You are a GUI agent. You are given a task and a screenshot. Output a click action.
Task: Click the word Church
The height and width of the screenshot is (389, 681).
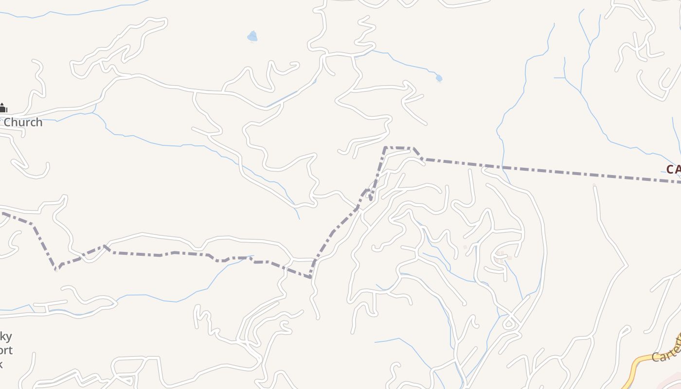point(23,122)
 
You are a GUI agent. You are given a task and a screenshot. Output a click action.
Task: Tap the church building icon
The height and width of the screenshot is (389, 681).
point(3,107)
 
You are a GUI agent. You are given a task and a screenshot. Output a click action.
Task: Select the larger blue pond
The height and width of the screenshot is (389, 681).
point(252,36)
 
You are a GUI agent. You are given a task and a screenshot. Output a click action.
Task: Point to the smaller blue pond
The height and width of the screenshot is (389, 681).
point(439,78)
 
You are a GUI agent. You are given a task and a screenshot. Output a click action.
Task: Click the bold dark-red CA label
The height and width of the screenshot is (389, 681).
point(674,169)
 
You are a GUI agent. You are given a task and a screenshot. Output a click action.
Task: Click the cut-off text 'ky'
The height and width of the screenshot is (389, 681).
point(6,336)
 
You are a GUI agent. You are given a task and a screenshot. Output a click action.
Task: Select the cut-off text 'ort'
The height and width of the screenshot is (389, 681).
point(6,350)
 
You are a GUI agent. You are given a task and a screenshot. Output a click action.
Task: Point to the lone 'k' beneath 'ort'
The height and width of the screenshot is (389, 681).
point(1,364)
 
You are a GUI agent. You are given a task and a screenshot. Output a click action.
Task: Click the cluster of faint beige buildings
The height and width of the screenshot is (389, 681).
point(501,255)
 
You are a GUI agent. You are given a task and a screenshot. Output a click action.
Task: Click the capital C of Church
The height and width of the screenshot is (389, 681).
point(8,122)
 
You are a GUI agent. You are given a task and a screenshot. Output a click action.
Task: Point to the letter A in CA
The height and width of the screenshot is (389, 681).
point(678,169)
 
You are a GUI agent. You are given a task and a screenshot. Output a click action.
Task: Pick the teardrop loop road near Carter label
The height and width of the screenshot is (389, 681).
point(509,322)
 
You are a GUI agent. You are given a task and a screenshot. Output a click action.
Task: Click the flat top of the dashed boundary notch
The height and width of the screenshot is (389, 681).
point(399,147)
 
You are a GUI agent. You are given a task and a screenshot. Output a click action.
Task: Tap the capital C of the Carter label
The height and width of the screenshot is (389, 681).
point(655,357)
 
